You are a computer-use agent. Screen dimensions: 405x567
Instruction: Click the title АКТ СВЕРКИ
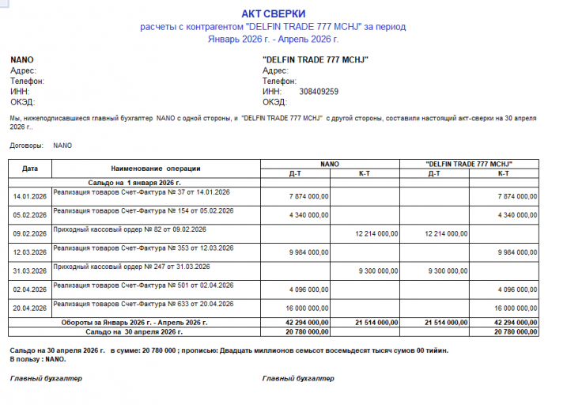(273, 13)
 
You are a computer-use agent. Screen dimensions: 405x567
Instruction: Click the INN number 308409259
(319, 92)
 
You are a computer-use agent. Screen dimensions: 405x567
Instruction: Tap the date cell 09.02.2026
(30, 233)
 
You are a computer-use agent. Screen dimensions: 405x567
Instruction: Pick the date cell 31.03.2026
(30, 271)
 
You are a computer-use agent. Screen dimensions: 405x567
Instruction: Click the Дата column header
(30, 168)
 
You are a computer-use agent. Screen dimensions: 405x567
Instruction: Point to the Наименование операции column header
(156, 168)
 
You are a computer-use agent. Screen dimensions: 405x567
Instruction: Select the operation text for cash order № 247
(130, 267)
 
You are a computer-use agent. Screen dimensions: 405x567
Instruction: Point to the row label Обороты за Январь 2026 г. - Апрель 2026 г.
(134, 323)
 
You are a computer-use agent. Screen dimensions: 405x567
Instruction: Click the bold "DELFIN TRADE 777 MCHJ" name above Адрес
(316, 59)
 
